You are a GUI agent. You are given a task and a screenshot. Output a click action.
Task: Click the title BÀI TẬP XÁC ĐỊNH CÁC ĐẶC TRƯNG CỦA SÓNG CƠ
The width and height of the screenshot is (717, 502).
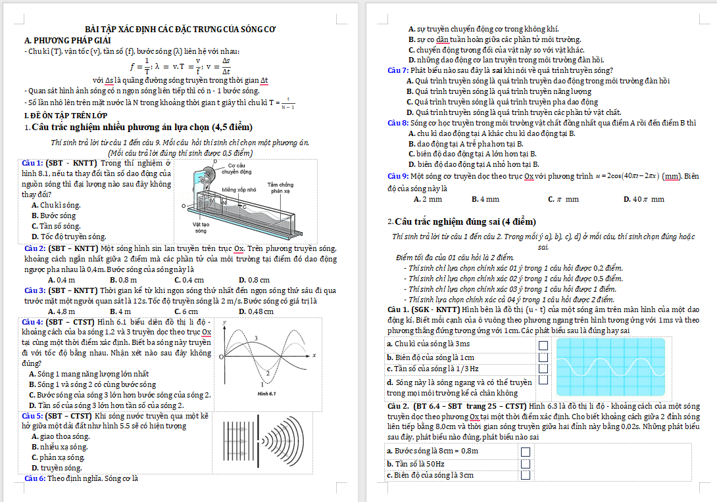point(181,29)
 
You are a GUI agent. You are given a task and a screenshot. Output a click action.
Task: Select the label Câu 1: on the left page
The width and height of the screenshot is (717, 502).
point(33,162)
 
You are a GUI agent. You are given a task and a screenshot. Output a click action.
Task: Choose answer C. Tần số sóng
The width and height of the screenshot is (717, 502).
point(56,225)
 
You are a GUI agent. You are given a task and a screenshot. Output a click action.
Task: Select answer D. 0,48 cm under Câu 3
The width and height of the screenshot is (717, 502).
point(256,311)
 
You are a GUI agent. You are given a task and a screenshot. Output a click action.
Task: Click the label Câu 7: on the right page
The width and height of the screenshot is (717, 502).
point(398,70)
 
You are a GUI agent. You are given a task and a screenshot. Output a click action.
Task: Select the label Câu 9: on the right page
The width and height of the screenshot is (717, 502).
point(398,176)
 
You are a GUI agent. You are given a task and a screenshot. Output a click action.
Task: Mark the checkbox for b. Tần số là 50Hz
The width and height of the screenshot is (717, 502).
point(526,464)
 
